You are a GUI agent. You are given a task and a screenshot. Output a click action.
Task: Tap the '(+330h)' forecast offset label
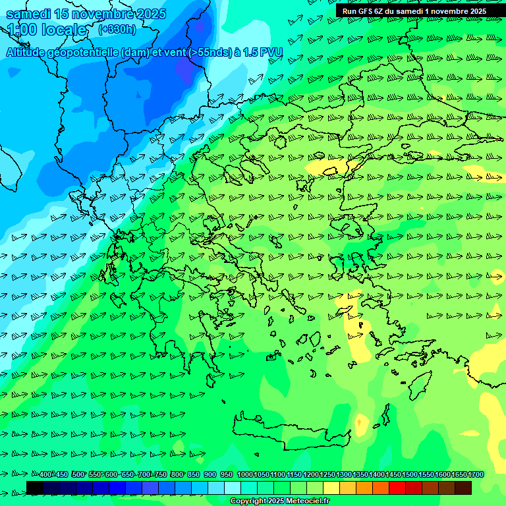pyautogui.click(x=117, y=29)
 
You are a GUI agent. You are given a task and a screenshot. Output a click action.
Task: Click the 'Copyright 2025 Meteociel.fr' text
pyautogui.click(x=279, y=501)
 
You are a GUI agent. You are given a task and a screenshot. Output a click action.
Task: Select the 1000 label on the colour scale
pyautogui.click(x=245, y=474)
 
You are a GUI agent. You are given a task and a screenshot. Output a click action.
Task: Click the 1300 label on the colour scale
pyautogui.click(x=344, y=474)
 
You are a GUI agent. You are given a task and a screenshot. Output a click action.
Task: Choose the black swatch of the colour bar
pyautogui.click(x=35, y=488)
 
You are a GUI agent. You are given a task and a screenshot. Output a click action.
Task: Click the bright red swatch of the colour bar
pyautogui.click(x=397, y=488)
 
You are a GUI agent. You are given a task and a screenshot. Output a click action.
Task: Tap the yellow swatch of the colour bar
pyautogui.click(x=331, y=488)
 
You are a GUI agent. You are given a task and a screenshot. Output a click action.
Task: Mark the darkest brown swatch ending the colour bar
pyautogui.click(x=463, y=488)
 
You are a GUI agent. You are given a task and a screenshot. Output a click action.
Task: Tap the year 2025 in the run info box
pyautogui.click(x=476, y=11)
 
